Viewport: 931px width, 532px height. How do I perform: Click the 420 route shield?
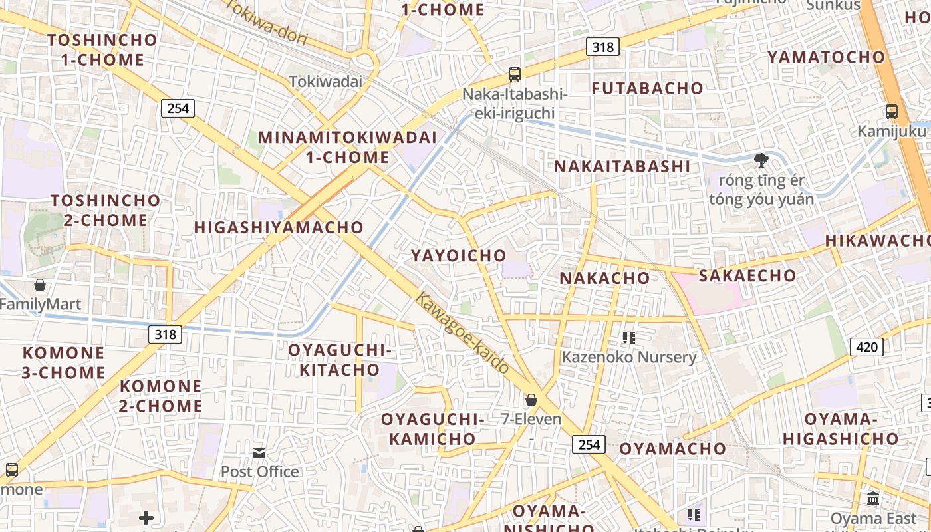pos(866,346)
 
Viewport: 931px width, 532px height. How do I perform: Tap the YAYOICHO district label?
pos(458,256)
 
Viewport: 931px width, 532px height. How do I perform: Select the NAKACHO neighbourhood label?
pos(604,278)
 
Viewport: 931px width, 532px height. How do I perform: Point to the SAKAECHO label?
pos(747,275)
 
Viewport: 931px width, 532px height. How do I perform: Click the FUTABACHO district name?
pos(647,88)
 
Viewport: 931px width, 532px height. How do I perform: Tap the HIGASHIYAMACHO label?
pos(279,227)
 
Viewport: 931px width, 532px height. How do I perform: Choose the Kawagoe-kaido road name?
pos(462,332)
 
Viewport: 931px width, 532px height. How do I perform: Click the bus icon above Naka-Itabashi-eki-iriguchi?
pos(514,74)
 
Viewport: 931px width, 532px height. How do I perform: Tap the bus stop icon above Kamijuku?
pos(892,112)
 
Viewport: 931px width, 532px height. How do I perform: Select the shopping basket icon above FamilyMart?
pos(40,285)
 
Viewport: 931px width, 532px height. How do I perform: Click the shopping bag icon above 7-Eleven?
pos(531,400)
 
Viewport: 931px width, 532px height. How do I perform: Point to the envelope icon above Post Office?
pos(259,453)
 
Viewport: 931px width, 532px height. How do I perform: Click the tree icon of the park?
pos(761,160)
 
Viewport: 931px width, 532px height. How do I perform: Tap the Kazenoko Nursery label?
pos(628,357)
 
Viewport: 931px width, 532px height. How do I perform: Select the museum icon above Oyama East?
pos(873,499)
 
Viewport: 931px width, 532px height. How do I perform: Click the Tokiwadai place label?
pos(326,82)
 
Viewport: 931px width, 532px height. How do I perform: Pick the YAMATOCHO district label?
pos(826,57)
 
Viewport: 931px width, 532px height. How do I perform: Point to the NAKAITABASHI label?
pos(622,166)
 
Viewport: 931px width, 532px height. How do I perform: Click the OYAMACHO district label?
pos(672,449)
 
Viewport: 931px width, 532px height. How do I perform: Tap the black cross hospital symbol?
pos(146,517)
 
